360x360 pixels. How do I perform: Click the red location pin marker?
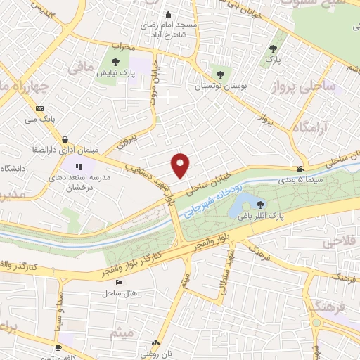coord(181,164)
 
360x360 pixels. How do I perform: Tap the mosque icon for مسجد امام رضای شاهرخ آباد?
coord(167,14)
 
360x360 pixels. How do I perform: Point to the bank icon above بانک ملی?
coord(39,108)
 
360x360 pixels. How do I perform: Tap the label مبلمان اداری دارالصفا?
coord(65,150)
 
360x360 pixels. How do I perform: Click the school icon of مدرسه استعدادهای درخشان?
coord(79,167)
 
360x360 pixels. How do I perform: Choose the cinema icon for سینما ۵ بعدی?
coord(301,169)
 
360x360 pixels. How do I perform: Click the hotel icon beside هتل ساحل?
coord(118,282)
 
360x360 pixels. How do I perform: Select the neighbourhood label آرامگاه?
coord(307,127)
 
